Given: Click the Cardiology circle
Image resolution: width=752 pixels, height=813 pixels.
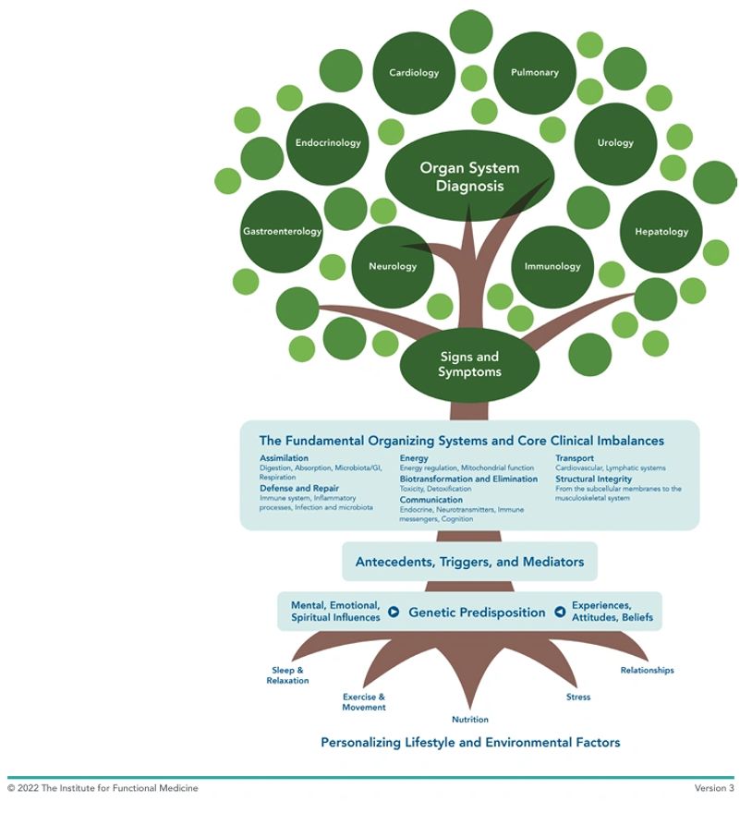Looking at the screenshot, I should tap(413, 73).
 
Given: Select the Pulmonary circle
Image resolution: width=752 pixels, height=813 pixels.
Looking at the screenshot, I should tap(535, 73).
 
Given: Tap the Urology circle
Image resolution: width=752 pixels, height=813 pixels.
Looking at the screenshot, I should tap(615, 143).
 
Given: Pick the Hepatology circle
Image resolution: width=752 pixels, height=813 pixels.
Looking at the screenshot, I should tap(661, 232).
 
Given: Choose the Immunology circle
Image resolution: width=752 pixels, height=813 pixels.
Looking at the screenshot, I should tap(552, 267).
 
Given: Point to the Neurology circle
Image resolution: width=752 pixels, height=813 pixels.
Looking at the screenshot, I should tap(393, 267).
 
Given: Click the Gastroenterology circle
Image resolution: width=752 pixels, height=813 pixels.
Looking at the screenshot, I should tap(282, 232).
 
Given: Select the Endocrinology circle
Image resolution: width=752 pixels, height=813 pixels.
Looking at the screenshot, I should tap(328, 143).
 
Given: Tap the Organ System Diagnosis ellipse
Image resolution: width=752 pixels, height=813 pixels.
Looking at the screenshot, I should tap(469, 176).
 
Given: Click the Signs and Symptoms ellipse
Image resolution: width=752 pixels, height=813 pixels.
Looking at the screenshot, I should tap(469, 365).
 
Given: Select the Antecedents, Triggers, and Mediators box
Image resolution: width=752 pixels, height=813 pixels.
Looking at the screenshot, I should tap(469, 562).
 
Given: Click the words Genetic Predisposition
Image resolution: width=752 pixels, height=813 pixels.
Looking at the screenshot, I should tap(477, 613).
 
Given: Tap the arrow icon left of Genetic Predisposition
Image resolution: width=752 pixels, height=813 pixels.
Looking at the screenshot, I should tap(394, 612).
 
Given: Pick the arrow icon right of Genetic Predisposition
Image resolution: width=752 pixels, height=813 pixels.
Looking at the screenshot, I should tap(560, 612).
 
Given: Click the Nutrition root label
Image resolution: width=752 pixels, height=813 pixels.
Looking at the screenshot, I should tap(470, 720).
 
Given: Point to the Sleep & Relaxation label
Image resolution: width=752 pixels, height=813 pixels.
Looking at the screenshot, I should tap(287, 675).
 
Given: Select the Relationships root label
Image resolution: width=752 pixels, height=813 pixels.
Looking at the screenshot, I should tap(647, 671).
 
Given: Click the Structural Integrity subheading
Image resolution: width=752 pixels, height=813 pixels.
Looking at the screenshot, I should tap(593, 479).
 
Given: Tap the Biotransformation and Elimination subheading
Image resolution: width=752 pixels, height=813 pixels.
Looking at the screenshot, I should tap(468, 479).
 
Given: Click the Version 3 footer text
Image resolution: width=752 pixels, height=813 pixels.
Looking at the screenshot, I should tap(714, 788).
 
